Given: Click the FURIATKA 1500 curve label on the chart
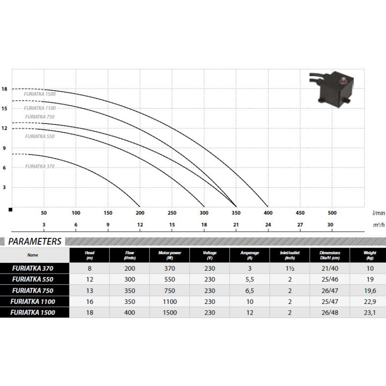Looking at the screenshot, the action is click(x=40, y=94).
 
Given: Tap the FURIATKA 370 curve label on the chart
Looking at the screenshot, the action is click(x=40, y=166).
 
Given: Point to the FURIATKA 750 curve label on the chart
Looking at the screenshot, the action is click(x=40, y=117).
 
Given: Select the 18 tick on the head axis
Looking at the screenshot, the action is click(x=4, y=89).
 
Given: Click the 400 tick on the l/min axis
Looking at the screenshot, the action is click(x=268, y=213).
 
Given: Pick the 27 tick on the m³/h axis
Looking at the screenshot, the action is click(x=300, y=225).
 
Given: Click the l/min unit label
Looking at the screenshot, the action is click(x=379, y=213).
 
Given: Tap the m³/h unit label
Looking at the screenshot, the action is click(x=379, y=225).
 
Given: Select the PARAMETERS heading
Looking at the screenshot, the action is click(x=35, y=242).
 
